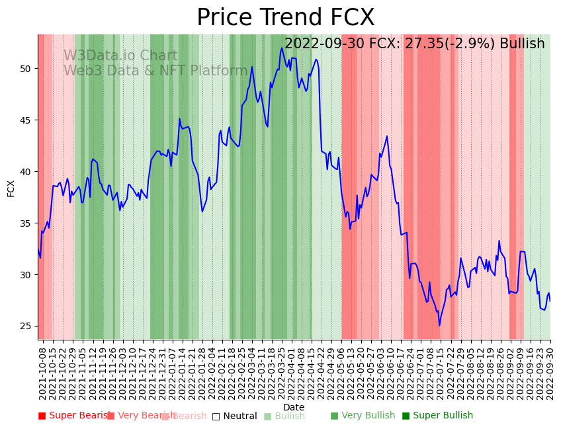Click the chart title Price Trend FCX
285,18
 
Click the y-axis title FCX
11,188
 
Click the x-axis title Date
294,407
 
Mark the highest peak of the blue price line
282,48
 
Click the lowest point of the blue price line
439,325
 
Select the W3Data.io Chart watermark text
120,56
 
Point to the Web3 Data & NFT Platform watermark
155,71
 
